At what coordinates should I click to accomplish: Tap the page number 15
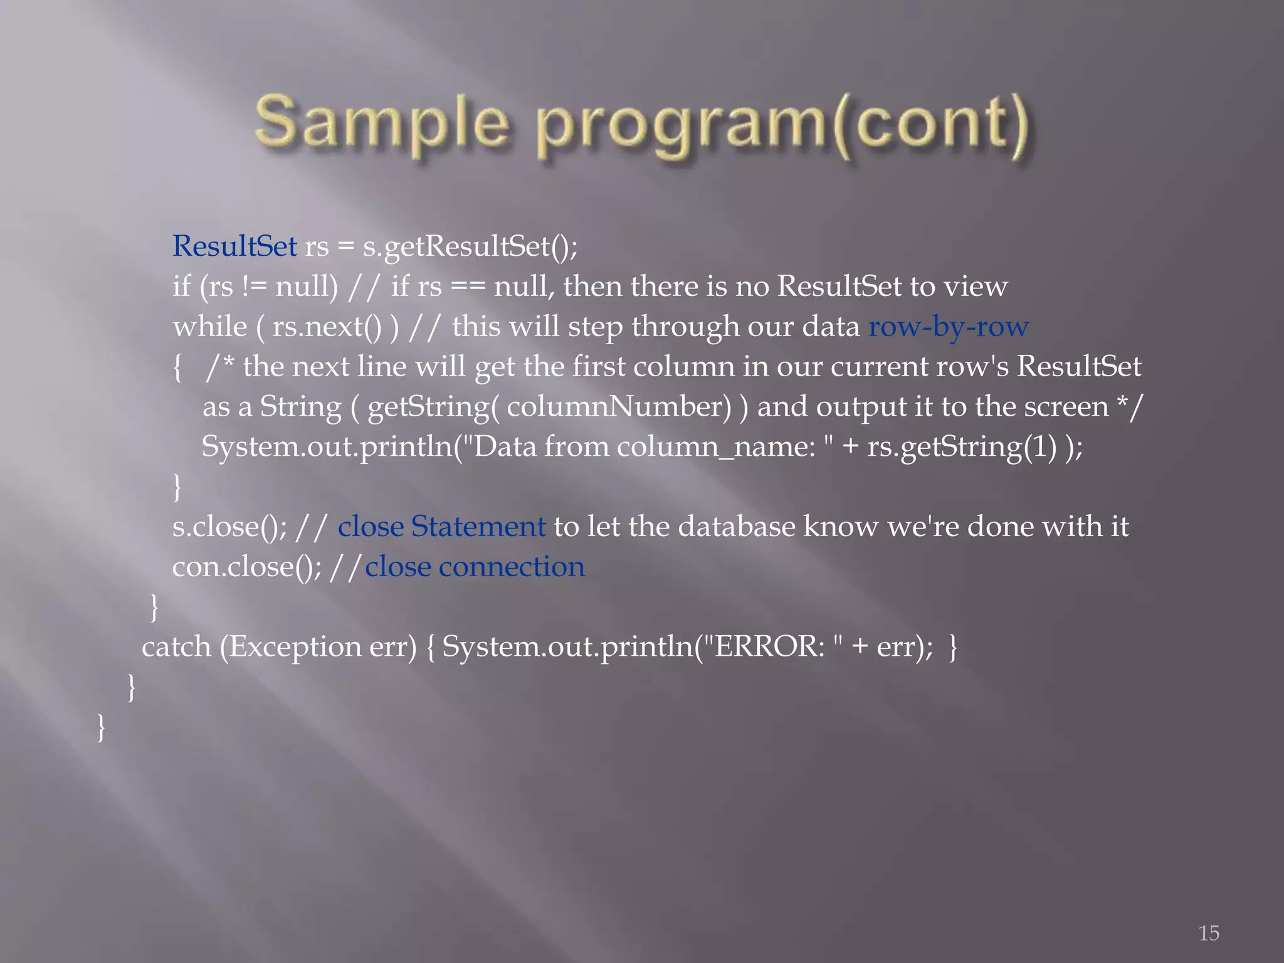coord(1209,933)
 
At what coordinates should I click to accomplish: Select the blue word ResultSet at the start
coord(234,246)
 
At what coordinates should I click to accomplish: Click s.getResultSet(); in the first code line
coord(470,246)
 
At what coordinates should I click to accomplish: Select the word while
coord(209,327)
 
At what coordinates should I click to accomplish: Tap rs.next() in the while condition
coord(326,327)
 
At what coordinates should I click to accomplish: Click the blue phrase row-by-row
coord(948,327)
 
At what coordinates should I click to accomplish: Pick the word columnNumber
coord(618,407)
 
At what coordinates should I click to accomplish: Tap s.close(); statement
coord(229,527)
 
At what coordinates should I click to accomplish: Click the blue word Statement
coord(478,527)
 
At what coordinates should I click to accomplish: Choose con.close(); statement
coord(246,567)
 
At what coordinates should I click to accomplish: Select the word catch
coord(176,647)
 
